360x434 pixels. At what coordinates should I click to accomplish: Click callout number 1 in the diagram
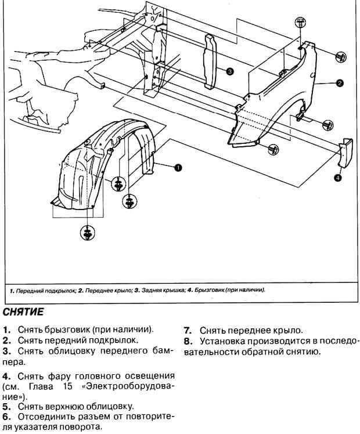click(178, 167)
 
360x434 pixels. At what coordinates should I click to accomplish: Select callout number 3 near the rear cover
click(230, 71)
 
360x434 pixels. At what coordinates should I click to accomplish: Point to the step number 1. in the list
click(7, 329)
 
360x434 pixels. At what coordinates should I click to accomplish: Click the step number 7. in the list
click(188, 329)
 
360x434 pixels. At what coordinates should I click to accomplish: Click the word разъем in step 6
click(102, 417)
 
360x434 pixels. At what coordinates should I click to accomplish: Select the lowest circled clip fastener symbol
click(87, 232)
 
